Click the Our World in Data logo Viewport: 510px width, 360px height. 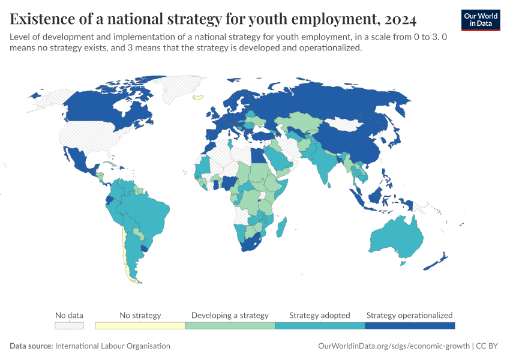point(481,20)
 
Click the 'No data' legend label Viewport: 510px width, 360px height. point(69,315)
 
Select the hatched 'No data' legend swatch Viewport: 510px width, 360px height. point(69,325)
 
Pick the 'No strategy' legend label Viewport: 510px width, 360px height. point(140,315)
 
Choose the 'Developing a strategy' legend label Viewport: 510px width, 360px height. point(230,315)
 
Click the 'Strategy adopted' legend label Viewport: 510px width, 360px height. point(320,315)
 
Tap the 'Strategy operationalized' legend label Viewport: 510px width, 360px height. point(409,315)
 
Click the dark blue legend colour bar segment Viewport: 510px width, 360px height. point(410,325)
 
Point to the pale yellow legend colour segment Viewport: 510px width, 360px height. point(140,325)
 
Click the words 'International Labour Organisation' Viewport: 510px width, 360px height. point(112,346)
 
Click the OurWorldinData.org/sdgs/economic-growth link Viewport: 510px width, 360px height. point(392,346)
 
